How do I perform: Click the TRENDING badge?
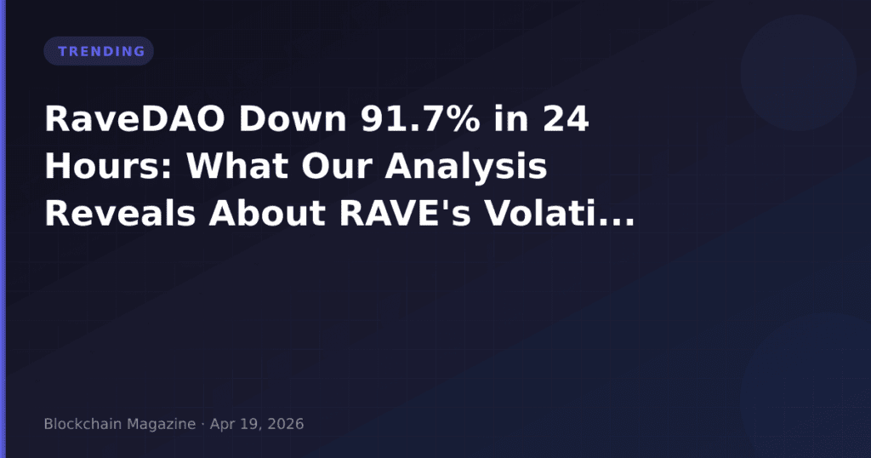99,51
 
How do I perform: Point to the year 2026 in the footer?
285,424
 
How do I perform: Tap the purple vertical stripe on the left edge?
3,229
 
